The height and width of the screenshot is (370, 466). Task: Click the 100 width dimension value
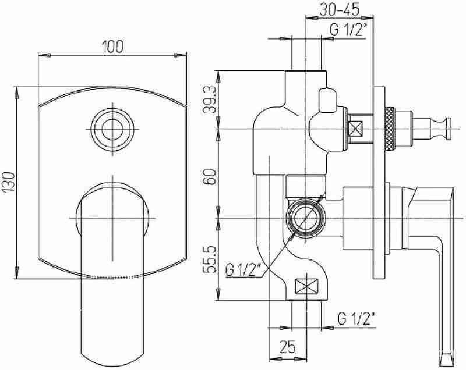(112, 47)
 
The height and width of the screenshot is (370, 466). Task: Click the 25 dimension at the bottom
(288, 346)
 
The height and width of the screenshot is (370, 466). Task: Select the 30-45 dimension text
(340, 9)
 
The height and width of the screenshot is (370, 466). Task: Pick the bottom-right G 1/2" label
(356, 319)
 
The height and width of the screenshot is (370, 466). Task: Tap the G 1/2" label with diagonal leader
(243, 270)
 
